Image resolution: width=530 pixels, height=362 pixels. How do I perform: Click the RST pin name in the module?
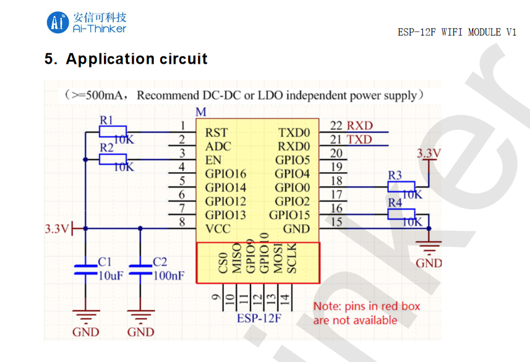tap(216, 132)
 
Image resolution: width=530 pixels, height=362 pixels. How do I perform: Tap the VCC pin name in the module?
tap(218, 229)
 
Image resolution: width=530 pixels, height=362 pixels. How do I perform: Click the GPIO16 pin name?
tap(225, 174)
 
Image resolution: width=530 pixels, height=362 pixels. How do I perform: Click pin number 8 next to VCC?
tap(182, 222)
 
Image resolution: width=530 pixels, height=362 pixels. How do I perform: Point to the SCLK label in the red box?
tap(293, 261)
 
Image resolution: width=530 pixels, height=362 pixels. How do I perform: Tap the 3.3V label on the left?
tap(56, 229)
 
